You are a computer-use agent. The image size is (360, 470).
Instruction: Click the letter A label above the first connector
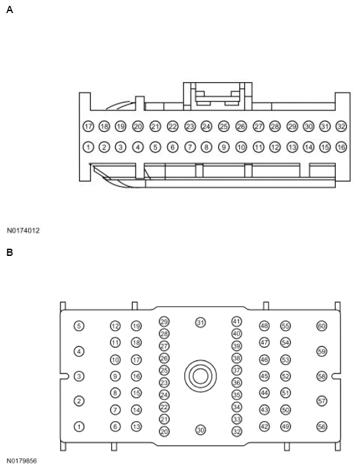[10, 10]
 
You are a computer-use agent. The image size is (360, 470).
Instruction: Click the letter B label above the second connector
[10, 253]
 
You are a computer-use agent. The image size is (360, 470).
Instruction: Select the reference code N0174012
[23, 230]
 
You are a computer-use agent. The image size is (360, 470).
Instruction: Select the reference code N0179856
[22, 461]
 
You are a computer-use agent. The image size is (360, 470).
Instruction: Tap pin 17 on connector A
[88, 126]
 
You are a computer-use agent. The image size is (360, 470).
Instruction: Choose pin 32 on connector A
[341, 126]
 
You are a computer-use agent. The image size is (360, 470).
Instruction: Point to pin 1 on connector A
[88, 147]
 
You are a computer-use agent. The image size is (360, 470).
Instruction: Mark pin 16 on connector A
[341, 147]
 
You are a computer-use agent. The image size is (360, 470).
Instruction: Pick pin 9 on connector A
[223, 147]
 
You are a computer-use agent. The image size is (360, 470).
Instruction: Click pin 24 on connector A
[206, 126]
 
